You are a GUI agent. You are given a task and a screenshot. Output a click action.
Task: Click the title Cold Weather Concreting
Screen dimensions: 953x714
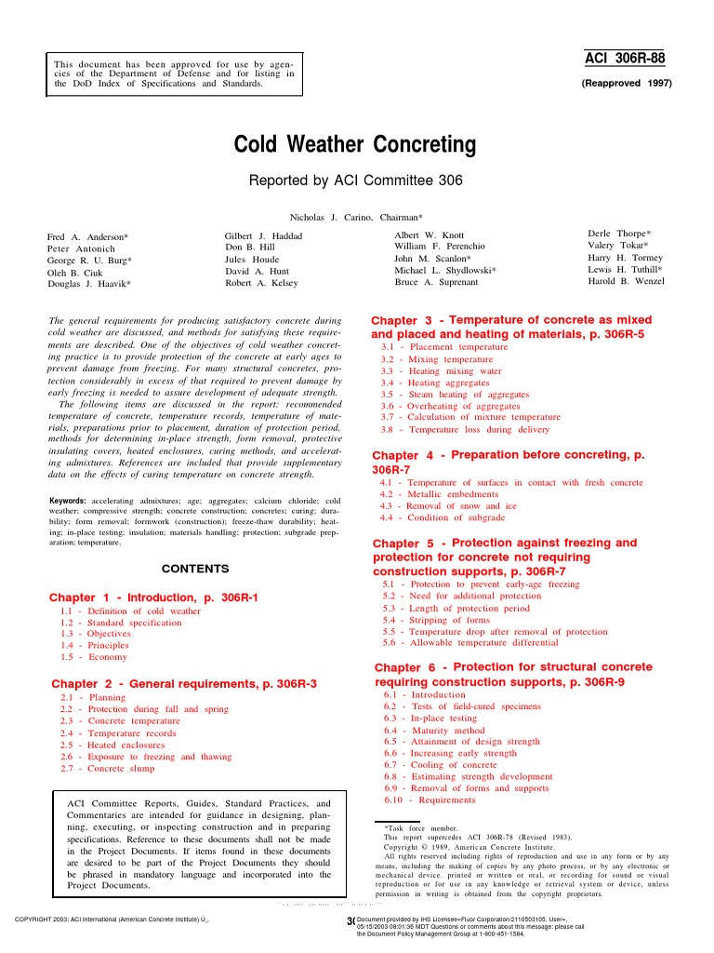(356, 146)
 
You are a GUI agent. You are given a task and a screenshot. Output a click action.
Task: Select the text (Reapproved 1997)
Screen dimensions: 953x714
(626, 83)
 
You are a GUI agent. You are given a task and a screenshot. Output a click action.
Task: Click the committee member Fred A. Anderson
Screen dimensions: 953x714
(88, 237)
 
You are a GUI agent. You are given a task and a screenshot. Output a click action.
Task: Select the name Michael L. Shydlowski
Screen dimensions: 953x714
(444, 269)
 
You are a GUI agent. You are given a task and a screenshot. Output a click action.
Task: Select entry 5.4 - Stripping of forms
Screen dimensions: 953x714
(436, 619)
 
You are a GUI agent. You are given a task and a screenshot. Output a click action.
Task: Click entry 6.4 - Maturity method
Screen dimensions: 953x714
(434, 731)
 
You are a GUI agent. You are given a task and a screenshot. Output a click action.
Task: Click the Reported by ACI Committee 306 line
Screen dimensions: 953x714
(356, 181)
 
